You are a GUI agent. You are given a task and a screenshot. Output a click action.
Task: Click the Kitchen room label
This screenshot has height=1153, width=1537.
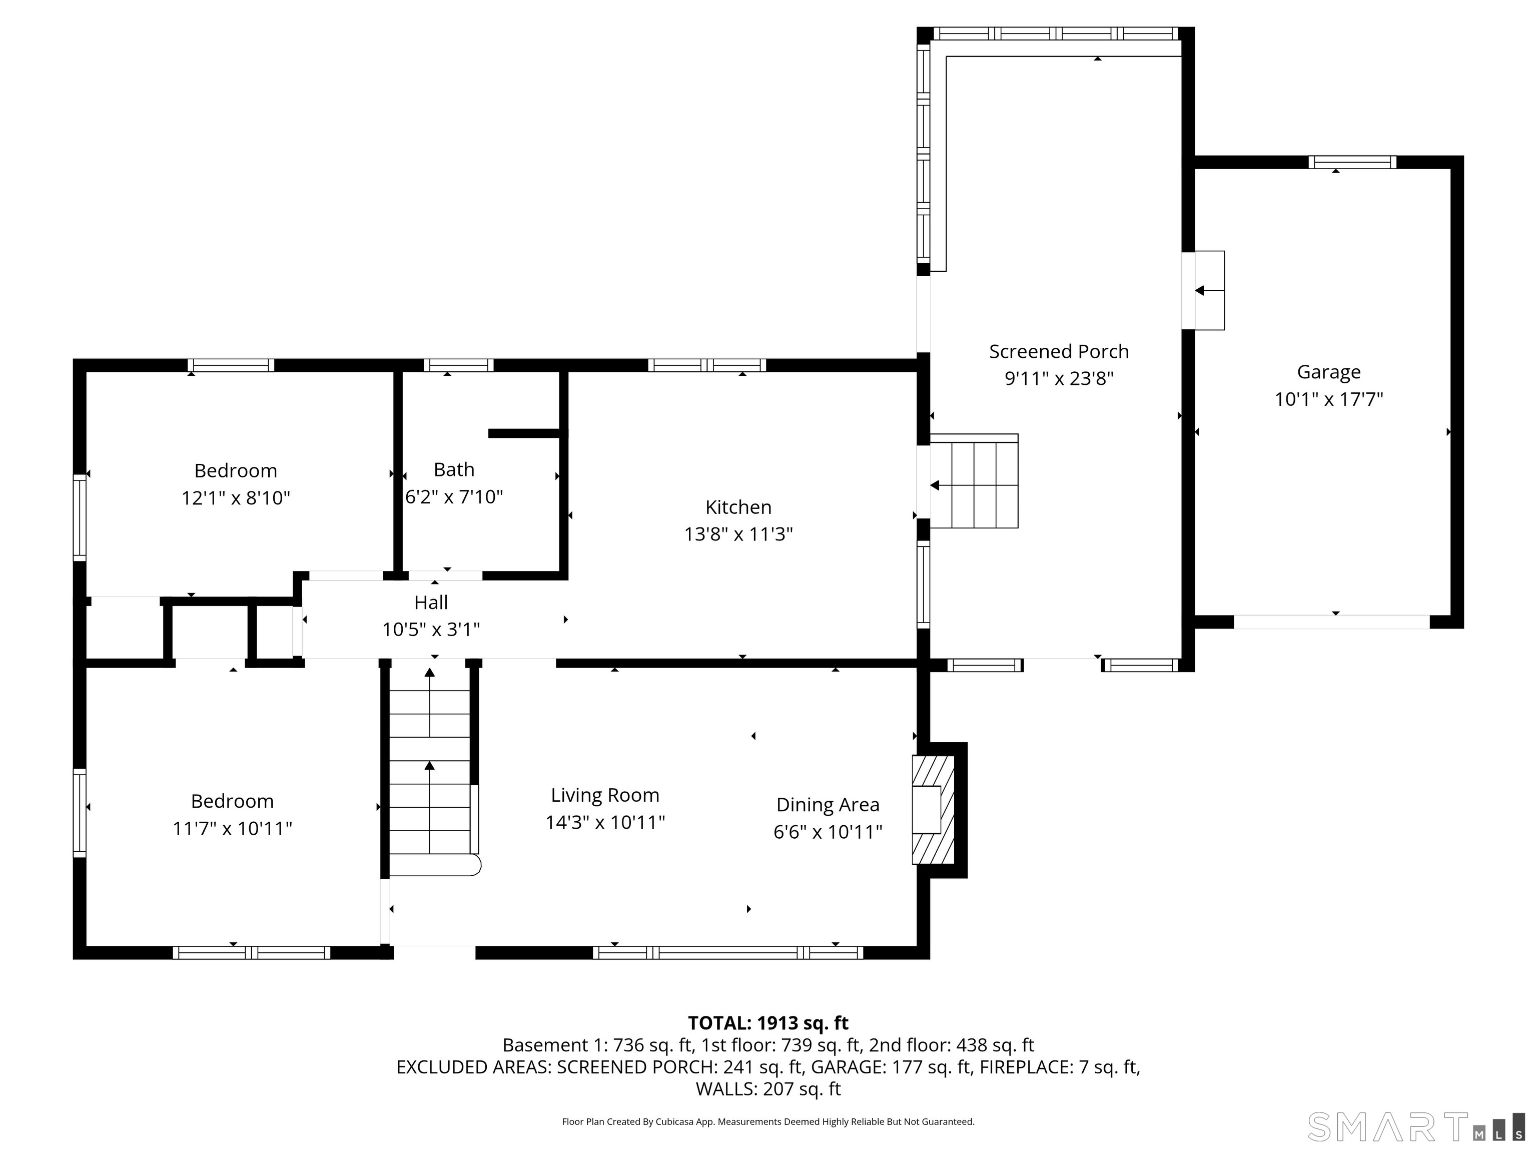(738, 507)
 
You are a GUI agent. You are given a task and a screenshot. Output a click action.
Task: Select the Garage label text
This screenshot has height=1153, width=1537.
(1328, 372)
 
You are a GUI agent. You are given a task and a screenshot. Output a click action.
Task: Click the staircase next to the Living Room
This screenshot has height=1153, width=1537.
(429, 768)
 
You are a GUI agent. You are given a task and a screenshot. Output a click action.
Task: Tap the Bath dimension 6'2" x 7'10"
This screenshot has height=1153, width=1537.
(454, 497)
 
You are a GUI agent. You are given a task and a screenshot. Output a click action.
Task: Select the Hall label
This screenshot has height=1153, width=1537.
(431, 603)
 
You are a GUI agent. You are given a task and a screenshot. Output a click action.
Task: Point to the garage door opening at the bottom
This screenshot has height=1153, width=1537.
(1331, 622)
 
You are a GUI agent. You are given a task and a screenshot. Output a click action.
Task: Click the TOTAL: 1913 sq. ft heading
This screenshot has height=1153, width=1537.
(768, 1023)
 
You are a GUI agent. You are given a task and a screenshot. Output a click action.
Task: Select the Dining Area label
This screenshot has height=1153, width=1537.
(828, 805)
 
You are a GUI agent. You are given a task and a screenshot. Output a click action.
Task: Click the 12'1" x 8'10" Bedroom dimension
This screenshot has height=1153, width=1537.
(236, 498)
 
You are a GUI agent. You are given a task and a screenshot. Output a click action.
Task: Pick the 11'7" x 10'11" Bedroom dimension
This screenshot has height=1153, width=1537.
(232, 828)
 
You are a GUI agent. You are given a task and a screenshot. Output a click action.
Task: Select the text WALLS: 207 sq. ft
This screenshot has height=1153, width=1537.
(768, 1089)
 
